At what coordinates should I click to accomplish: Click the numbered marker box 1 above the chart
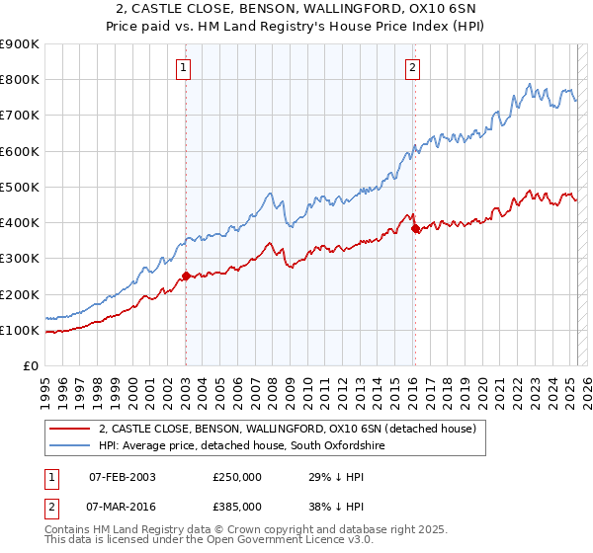click(x=185, y=68)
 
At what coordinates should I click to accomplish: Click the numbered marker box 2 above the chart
click(x=411, y=68)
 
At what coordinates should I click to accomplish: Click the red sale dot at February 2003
click(x=186, y=276)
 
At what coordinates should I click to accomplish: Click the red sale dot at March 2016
click(x=415, y=228)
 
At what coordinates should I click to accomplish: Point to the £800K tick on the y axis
click(x=20, y=80)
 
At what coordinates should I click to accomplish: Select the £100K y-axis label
click(x=20, y=331)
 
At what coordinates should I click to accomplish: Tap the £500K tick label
click(x=20, y=188)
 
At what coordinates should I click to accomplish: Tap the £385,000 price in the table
click(x=236, y=506)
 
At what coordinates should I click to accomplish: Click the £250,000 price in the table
click(x=236, y=477)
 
